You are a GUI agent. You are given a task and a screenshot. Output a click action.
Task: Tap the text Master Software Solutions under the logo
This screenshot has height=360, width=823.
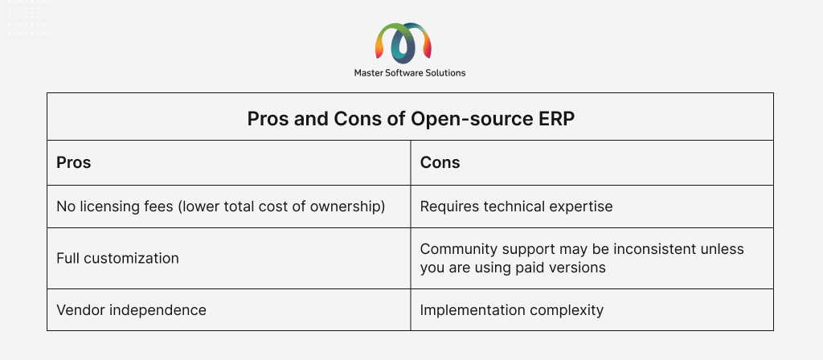(x=410, y=73)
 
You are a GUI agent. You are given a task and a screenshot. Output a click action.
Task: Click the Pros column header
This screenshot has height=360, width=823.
(x=73, y=162)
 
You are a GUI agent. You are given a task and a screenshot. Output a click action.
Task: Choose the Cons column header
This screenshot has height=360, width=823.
(x=440, y=162)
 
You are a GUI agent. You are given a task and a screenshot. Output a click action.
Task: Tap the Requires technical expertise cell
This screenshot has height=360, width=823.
(x=517, y=207)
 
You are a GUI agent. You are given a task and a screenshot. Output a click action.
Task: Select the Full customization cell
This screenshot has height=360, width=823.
(x=117, y=258)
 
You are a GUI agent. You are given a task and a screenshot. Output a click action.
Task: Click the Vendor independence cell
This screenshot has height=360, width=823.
(x=131, y=310)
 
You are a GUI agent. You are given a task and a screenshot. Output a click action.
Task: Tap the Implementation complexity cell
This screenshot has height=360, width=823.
(x=512, y=310)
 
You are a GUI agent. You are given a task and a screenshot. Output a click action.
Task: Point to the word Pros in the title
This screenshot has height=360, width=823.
(x=268, y=119)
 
